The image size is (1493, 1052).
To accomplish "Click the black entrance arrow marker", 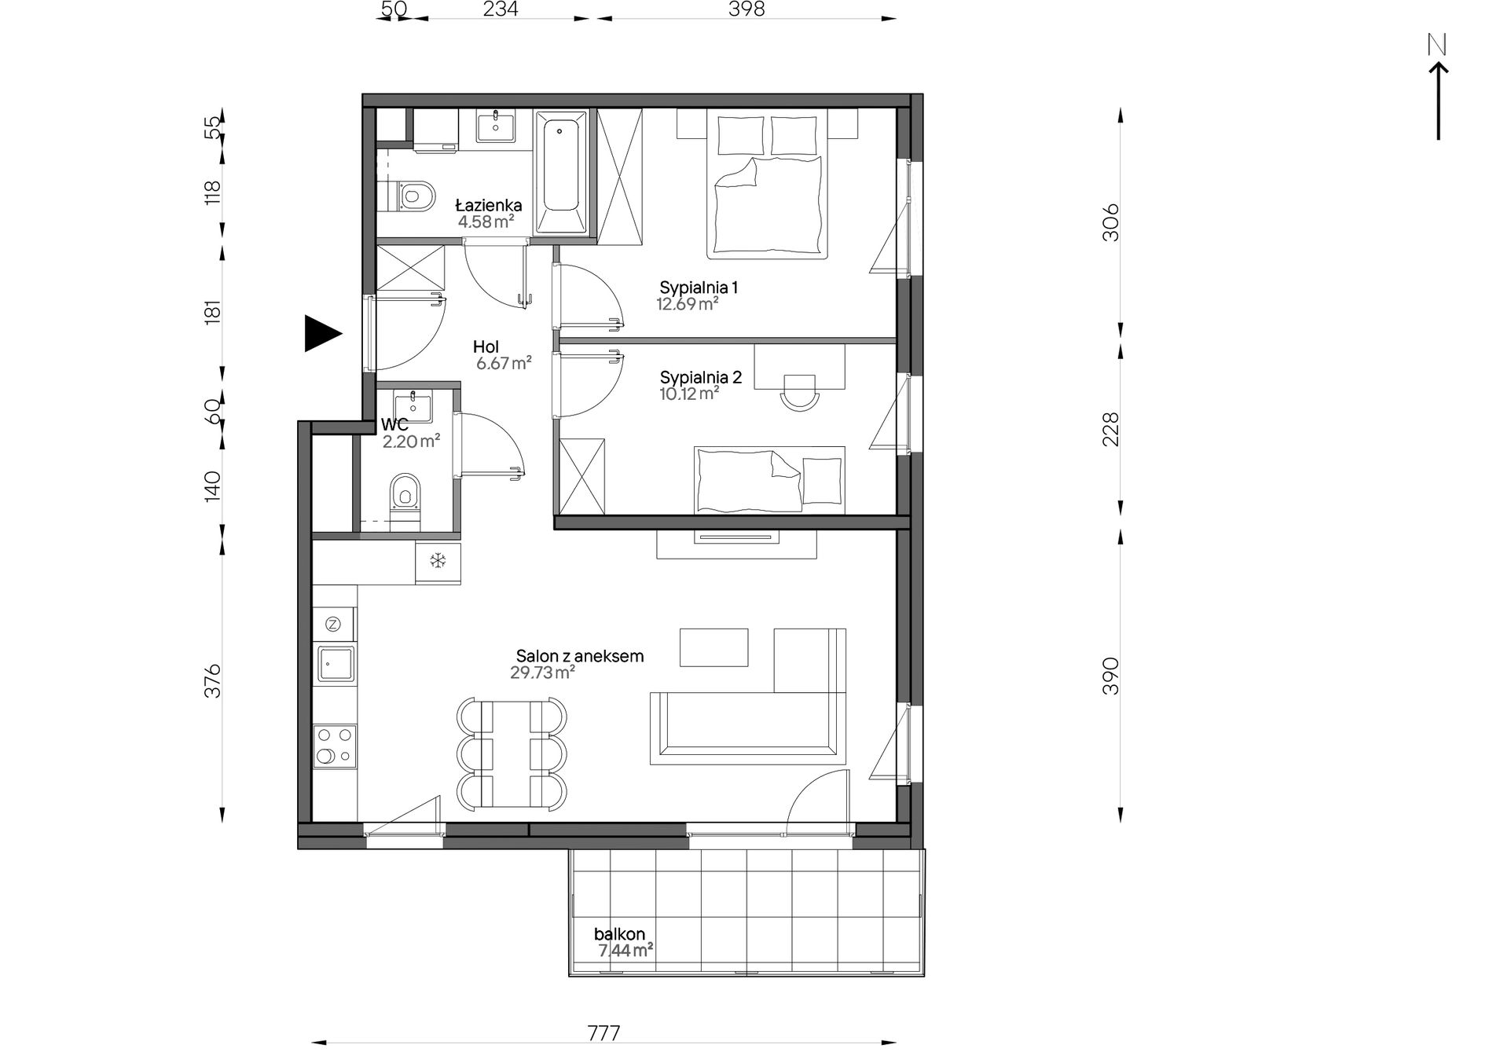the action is tap(321, 333).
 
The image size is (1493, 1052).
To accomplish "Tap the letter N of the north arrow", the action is tap(1437, 46).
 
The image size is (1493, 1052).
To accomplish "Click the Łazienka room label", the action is tap(489, 206).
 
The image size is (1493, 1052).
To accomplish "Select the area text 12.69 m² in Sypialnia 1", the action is tap(688, 304).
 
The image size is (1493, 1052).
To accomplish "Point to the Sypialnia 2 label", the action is tap(701, 377).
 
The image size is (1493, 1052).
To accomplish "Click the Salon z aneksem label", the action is tap(580, 656).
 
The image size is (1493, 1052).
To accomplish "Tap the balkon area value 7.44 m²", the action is tap(625, 951).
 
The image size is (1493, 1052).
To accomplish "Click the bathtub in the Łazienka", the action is tap(561, 172).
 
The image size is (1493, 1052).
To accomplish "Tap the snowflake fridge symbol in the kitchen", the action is tap(438, 560).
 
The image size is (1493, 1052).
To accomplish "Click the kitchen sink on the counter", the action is tap(336, 664).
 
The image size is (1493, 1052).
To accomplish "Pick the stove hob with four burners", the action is tap(335, 746).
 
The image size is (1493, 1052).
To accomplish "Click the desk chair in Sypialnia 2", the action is tap(798, 390).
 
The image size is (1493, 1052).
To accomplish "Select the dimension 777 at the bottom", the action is tap(603, 1032).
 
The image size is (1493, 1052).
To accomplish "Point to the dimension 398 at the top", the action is tap(746, 9).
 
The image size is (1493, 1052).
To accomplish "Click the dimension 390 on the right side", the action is tap(1110, 676).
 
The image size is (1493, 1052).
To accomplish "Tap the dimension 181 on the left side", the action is tap(213, 311).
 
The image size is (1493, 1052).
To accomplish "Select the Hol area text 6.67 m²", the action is tap(504, 363).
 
